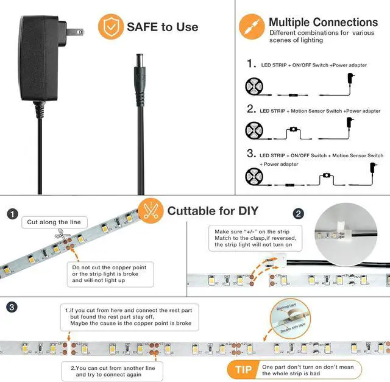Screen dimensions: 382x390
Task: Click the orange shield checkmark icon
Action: click(x=110, y=26)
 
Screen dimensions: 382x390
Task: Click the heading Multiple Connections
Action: click(x=323, y=23)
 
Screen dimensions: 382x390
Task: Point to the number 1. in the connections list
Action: click(x=251, y=63)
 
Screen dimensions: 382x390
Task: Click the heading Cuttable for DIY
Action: click(x=213, y=211)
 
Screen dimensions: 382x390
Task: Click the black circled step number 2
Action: click(x=298, y=214)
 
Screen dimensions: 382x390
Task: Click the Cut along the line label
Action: click(x=53, y=222)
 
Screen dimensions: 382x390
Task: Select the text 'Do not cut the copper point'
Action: click(x=109, y=267)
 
